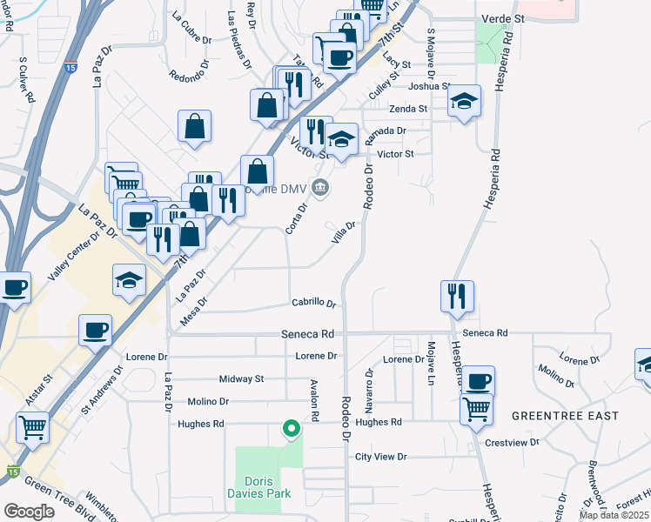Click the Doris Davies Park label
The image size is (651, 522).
click(268, 488)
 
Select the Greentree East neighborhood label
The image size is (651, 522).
click(565, 416)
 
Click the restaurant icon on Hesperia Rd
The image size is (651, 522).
click(456, 297)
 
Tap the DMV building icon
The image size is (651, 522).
click(320, 186)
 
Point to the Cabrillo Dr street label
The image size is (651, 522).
click(313, 303)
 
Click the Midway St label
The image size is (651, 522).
click(241, 379)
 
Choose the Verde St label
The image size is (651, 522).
click(504, 17)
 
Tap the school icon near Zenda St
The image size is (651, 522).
click(465, 102)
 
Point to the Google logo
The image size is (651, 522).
click(29, 511)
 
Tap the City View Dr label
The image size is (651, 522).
click(380, 457)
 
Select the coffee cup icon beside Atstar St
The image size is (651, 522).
click(96, 331)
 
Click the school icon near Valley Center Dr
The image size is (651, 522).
click(128, 281)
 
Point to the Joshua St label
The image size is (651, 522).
click(429, 86)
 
